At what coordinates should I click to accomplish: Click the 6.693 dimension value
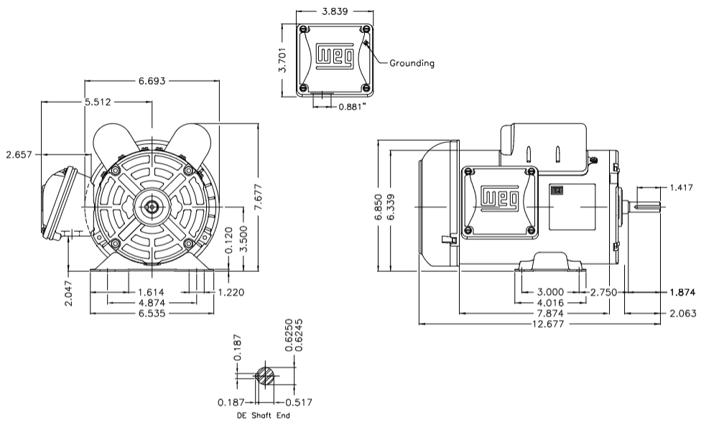pos(152,81)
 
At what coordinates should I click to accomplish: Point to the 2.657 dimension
pos(19,154)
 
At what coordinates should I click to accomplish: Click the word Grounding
pos(412,63)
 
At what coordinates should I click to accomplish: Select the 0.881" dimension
pos(353,107)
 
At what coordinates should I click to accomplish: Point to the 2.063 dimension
pos(682,314)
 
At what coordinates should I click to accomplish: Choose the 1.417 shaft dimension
pos(682,187)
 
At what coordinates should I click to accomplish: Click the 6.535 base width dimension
pos(153,314)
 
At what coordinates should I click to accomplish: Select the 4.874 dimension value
pos(153,303)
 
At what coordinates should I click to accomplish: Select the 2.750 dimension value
pos(605,292)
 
